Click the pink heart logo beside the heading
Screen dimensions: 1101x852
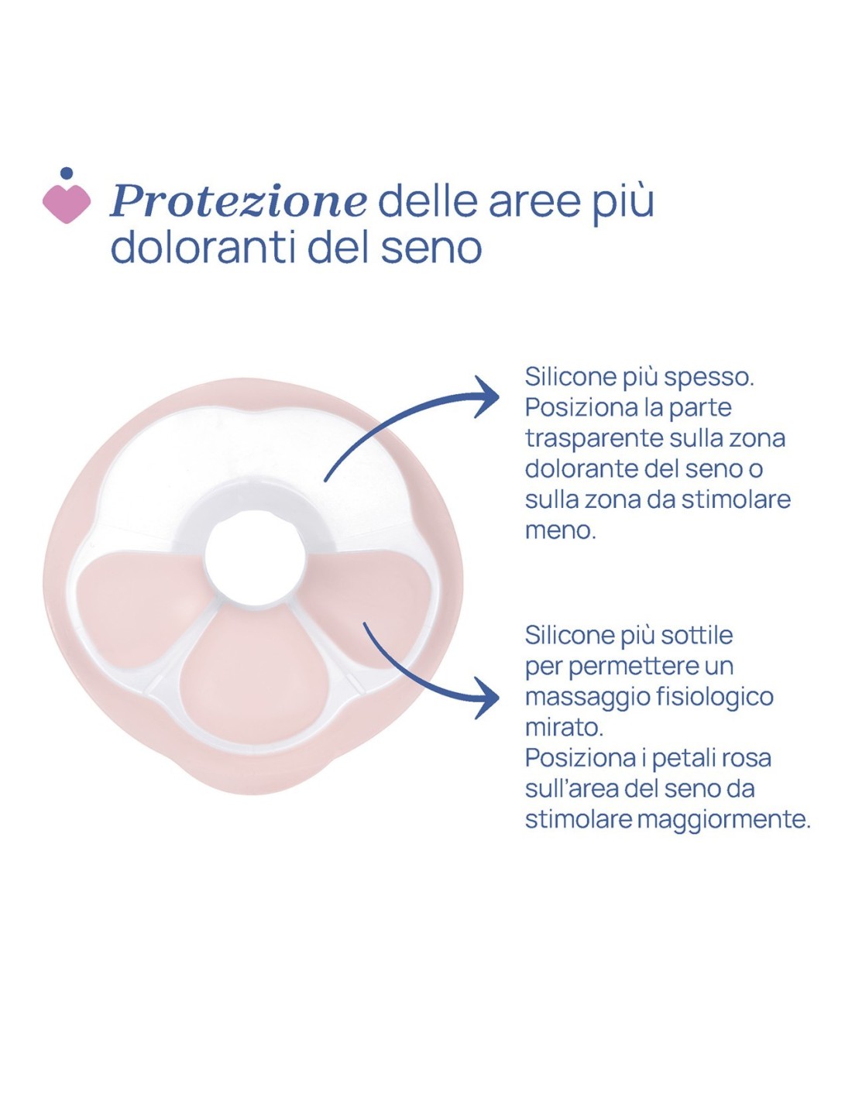[66, 204]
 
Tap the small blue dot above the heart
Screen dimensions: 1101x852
[67, 173]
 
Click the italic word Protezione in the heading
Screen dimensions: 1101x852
[239, 201]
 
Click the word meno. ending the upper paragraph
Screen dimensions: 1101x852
[560, 530]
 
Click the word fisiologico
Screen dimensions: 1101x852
[714, 697]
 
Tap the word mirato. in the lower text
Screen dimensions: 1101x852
[564, 727]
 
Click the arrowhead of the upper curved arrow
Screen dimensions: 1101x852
[490, 396]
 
